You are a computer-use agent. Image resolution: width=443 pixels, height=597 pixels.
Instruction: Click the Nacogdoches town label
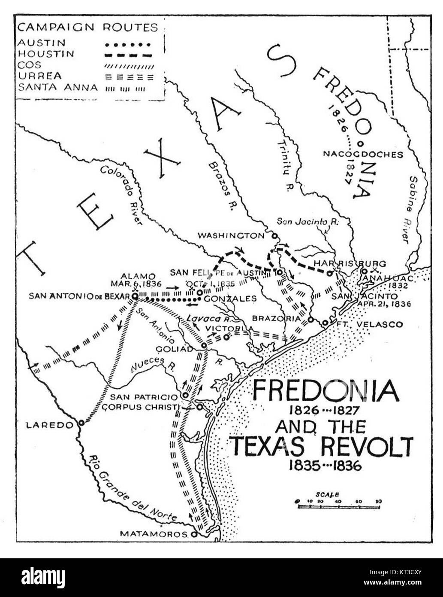(363, 155)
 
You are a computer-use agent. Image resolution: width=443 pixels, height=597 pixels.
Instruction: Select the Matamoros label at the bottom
(153, 534)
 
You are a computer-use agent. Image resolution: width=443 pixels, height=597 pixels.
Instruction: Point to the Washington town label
(231, 235)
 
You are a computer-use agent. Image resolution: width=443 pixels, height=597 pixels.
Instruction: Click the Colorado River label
(122, 194)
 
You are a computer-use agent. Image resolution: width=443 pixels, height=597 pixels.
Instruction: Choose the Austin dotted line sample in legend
(129, 44)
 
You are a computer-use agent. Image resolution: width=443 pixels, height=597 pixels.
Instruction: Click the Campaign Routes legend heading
(87, 27)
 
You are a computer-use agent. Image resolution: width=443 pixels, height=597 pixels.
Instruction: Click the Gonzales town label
(231, 298)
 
